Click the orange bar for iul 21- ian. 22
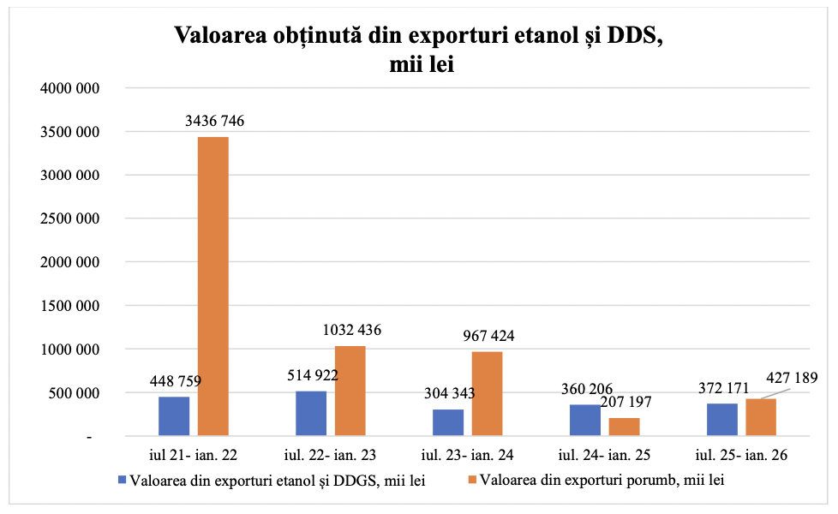pos(213,287)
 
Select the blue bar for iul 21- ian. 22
pos(174,416)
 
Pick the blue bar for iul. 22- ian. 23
pos(311,414)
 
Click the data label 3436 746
pos(214,121)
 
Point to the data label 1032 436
pos(351,330)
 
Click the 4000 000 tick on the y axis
pos(69,88)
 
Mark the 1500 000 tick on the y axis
pos(69,306)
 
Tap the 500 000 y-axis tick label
pos(74,393)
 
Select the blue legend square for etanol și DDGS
pos(122,481)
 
